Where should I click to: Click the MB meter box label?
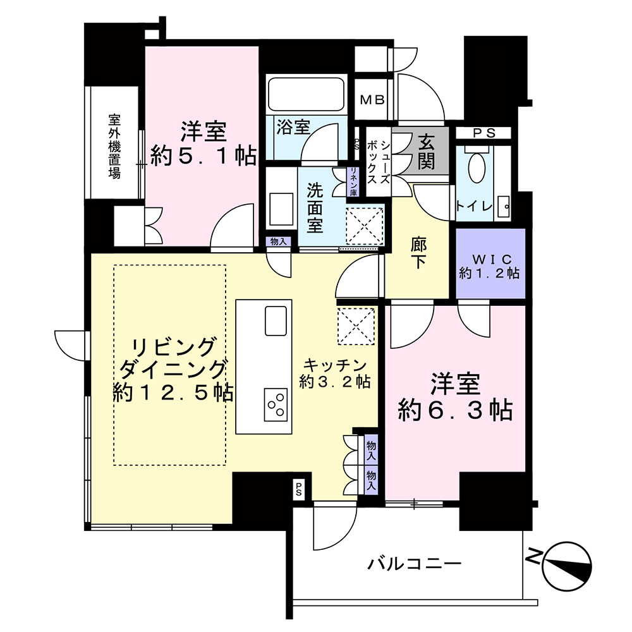(372, 100)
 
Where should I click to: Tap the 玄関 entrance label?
(427, 152)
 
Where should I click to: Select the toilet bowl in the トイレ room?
(477, 167)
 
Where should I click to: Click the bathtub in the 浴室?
(306, 94)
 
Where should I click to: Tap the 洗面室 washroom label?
(315, 207)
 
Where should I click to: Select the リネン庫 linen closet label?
(353, 182)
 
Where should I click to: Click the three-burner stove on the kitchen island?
(276, 404)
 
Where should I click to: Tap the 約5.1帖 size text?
(204, 155)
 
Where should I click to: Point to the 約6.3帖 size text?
(456, 411)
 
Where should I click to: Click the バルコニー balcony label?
(415, 564)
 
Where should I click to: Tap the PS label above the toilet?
(484, 133)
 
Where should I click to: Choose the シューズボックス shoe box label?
(379, 162)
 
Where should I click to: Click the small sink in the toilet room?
(504, 207)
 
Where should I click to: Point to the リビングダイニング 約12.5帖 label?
(173, 370)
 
